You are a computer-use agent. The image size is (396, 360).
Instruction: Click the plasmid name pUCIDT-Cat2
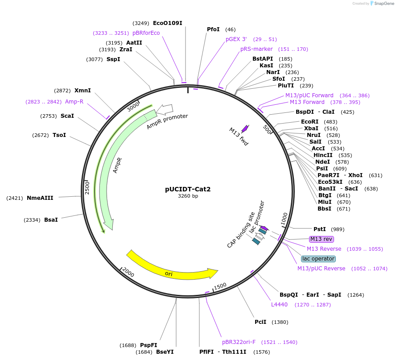tap(188, 189)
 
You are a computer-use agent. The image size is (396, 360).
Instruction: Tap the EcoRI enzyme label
tap(310, 122)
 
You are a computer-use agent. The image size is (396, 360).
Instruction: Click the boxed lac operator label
tap(318, 259)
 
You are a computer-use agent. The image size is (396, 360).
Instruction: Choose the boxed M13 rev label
tap(322, 239)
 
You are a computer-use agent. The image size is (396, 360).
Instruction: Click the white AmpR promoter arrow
tap(165, 109)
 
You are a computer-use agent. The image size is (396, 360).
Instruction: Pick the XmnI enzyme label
tap(82, 90)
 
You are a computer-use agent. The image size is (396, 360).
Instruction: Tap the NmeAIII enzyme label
tap(40, 198)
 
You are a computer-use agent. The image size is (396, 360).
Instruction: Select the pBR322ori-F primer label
tap(239, 342)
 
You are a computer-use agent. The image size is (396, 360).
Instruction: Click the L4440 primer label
tap(279, 305)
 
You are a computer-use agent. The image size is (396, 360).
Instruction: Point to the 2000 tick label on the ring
tap(128, 272)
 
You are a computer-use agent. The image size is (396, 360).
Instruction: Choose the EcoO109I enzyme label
tap(167, 23)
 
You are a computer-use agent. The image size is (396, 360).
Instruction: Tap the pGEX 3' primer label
tap(236, 39)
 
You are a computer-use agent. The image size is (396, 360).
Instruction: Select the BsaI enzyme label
tap(51, 220)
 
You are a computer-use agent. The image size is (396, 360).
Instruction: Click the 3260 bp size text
tap(188, 196)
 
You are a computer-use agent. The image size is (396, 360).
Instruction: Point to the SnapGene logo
tap(381, 4)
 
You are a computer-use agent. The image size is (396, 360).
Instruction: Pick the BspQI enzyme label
tap(289, 295)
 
